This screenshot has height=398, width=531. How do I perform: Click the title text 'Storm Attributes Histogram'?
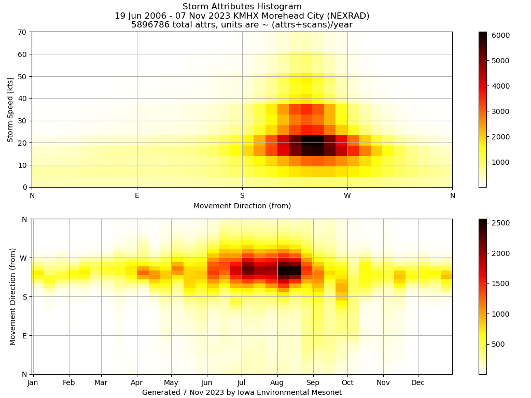click(x=242, y=7)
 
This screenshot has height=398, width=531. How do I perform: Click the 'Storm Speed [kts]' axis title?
click(x=10, y=109)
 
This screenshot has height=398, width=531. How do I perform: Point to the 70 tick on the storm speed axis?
click(x=22, y=32)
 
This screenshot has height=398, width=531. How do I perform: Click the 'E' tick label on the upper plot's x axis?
click(x=137, y=195)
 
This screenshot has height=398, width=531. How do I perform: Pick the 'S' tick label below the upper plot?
click(x=242, y=195)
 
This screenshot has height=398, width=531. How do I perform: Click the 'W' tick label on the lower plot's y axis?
click(x=23, y=258)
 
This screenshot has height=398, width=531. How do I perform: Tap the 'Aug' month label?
click(x=277, y=383)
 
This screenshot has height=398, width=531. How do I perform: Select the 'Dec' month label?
click(x=418, y=383)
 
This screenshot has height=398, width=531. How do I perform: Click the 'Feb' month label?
click(x=69, y=383)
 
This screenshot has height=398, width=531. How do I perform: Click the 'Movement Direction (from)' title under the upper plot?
click(x=242, y=206)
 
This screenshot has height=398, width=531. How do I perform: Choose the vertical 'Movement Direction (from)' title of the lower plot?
click(x=13, y=296)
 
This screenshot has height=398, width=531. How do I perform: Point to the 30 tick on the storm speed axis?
click(x=22, y=121)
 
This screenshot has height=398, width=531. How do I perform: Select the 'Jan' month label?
click(x=33, y=383)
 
